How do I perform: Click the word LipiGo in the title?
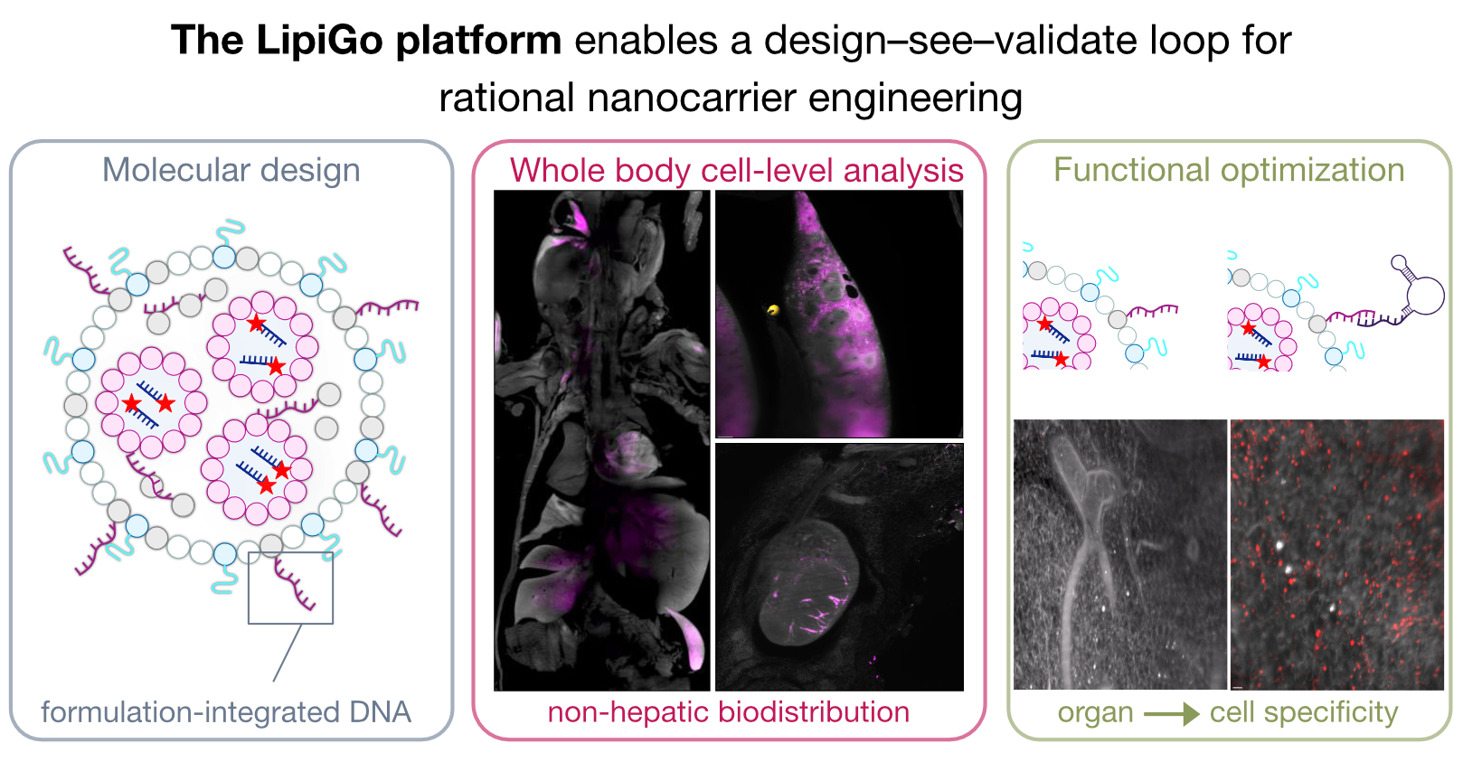coord(319,42)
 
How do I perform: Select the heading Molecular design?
coord(231,171)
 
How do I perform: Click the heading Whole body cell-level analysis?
coord(736,171)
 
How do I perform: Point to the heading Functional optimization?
coord(1229,171)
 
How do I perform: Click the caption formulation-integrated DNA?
coord(226,712)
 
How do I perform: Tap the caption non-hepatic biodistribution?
coord(728,712)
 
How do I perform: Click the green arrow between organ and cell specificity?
coord(1172,714)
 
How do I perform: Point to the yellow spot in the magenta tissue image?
coord(773,311)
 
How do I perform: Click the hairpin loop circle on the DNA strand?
coord(1424,296)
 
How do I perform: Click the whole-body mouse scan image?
coord(601,440)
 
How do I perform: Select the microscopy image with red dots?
coord(1337,554)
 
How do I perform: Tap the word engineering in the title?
coord(915,99)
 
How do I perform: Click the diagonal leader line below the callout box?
coord(288,653)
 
